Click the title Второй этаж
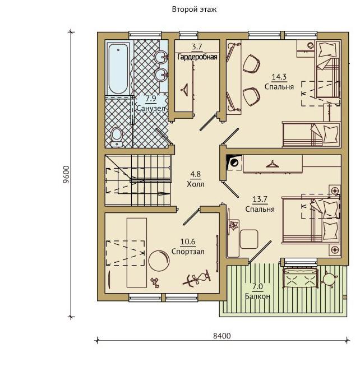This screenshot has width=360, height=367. tap(194, 10)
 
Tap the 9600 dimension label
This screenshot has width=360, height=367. tap(66, 176)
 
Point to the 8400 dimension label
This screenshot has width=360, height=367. tap(222, 336)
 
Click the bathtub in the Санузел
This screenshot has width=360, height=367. tap(118, 69)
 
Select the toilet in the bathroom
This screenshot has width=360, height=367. tap(116, 137)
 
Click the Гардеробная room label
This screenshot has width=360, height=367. tap(197, 57)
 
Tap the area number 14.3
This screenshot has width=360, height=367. tap(279, 77)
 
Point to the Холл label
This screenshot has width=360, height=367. tap(196, 184)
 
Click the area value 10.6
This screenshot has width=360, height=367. tap(188, 241)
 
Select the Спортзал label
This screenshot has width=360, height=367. tap(188, 252)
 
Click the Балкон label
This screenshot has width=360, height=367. tap(257, 296)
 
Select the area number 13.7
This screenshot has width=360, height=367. tap(260, 199)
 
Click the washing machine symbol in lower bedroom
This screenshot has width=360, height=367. tap(234, 162)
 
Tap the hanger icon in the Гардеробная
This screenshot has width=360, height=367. tap(186, 89)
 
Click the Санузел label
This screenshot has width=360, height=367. tap(151, 108)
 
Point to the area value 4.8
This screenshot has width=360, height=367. tap(195, 174)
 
